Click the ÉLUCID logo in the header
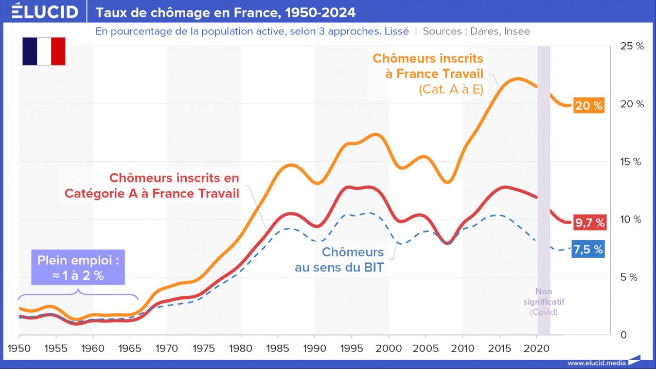(x=45, y=11)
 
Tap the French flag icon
(x=44, y=51)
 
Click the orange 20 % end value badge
(x=589, y=106)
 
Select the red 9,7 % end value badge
(x=590, y=223)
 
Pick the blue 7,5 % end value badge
(x=588, y=250)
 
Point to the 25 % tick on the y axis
(x=632, y=46)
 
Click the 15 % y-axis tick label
(x=632, y=162)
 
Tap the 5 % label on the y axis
(x=630, y=277)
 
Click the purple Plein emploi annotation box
(x=78, y=268)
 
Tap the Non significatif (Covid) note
(x=543, y=302)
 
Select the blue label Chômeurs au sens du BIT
(x=339, y=260)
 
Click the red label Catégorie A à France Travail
(x=152, y=194)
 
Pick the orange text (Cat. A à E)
(x=451, y=90)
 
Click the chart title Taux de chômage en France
(x=225, y=12)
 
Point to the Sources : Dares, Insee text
(x=476, y=31)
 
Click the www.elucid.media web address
(x=596, y=363)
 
